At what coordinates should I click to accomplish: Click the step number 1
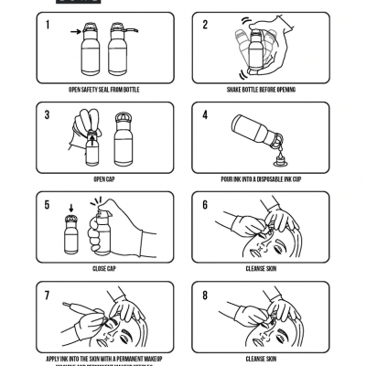(x=46, y=25)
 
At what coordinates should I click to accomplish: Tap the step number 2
(x=205, y=25)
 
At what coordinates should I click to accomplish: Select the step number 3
(x=46, y=115)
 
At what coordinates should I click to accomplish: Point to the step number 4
(x=205, y=115)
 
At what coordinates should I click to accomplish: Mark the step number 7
(x=46, y=296)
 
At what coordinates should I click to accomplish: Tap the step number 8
(x=205, y=296)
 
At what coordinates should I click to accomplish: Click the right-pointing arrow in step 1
(x=75, y=32)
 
